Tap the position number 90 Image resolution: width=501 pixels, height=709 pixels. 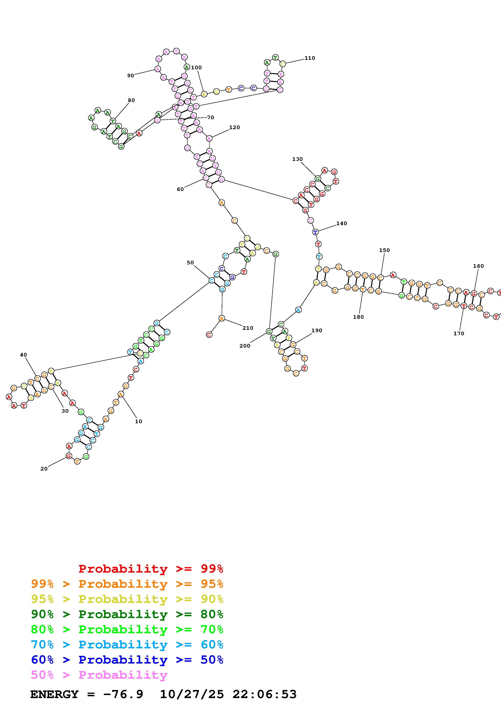pyautogui.click(x=131, y=76)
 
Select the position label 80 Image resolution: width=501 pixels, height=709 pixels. pyautogui.click(x=131, y=100)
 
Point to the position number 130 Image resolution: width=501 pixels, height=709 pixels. pyautogui.click(x=297, y=159)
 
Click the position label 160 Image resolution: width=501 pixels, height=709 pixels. pyautogui.click(x=478, y=266)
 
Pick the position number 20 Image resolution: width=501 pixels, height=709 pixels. pyautogui.click(x=44, y=469)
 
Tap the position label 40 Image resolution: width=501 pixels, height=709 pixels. pyautogui.click(x=23, y=355)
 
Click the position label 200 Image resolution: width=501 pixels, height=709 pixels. pyautogui.click(x=245, y=346)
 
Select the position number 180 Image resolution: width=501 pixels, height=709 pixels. pyautogui.click(x=358, y=317)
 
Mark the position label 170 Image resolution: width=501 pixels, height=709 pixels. pyautogui.click(x=459, y=333)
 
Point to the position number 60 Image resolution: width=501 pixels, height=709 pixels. pyautogui.click(x=180, y=189)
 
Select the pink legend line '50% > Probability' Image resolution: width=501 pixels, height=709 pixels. pyautogui.click(x=99, y=675)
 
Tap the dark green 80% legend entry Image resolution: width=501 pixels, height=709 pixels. pyautogui.click(x=127, y=614)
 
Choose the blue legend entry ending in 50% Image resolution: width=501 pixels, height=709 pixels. pyautogui.click(x=127, y=660)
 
